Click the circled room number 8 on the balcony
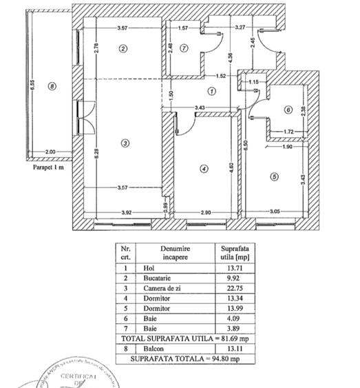50,86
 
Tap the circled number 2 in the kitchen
123,48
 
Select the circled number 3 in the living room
124,143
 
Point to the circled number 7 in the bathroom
184,48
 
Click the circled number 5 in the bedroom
274,176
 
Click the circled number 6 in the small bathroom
288,109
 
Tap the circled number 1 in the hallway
212,90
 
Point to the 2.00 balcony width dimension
50,152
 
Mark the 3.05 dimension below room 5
274,212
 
